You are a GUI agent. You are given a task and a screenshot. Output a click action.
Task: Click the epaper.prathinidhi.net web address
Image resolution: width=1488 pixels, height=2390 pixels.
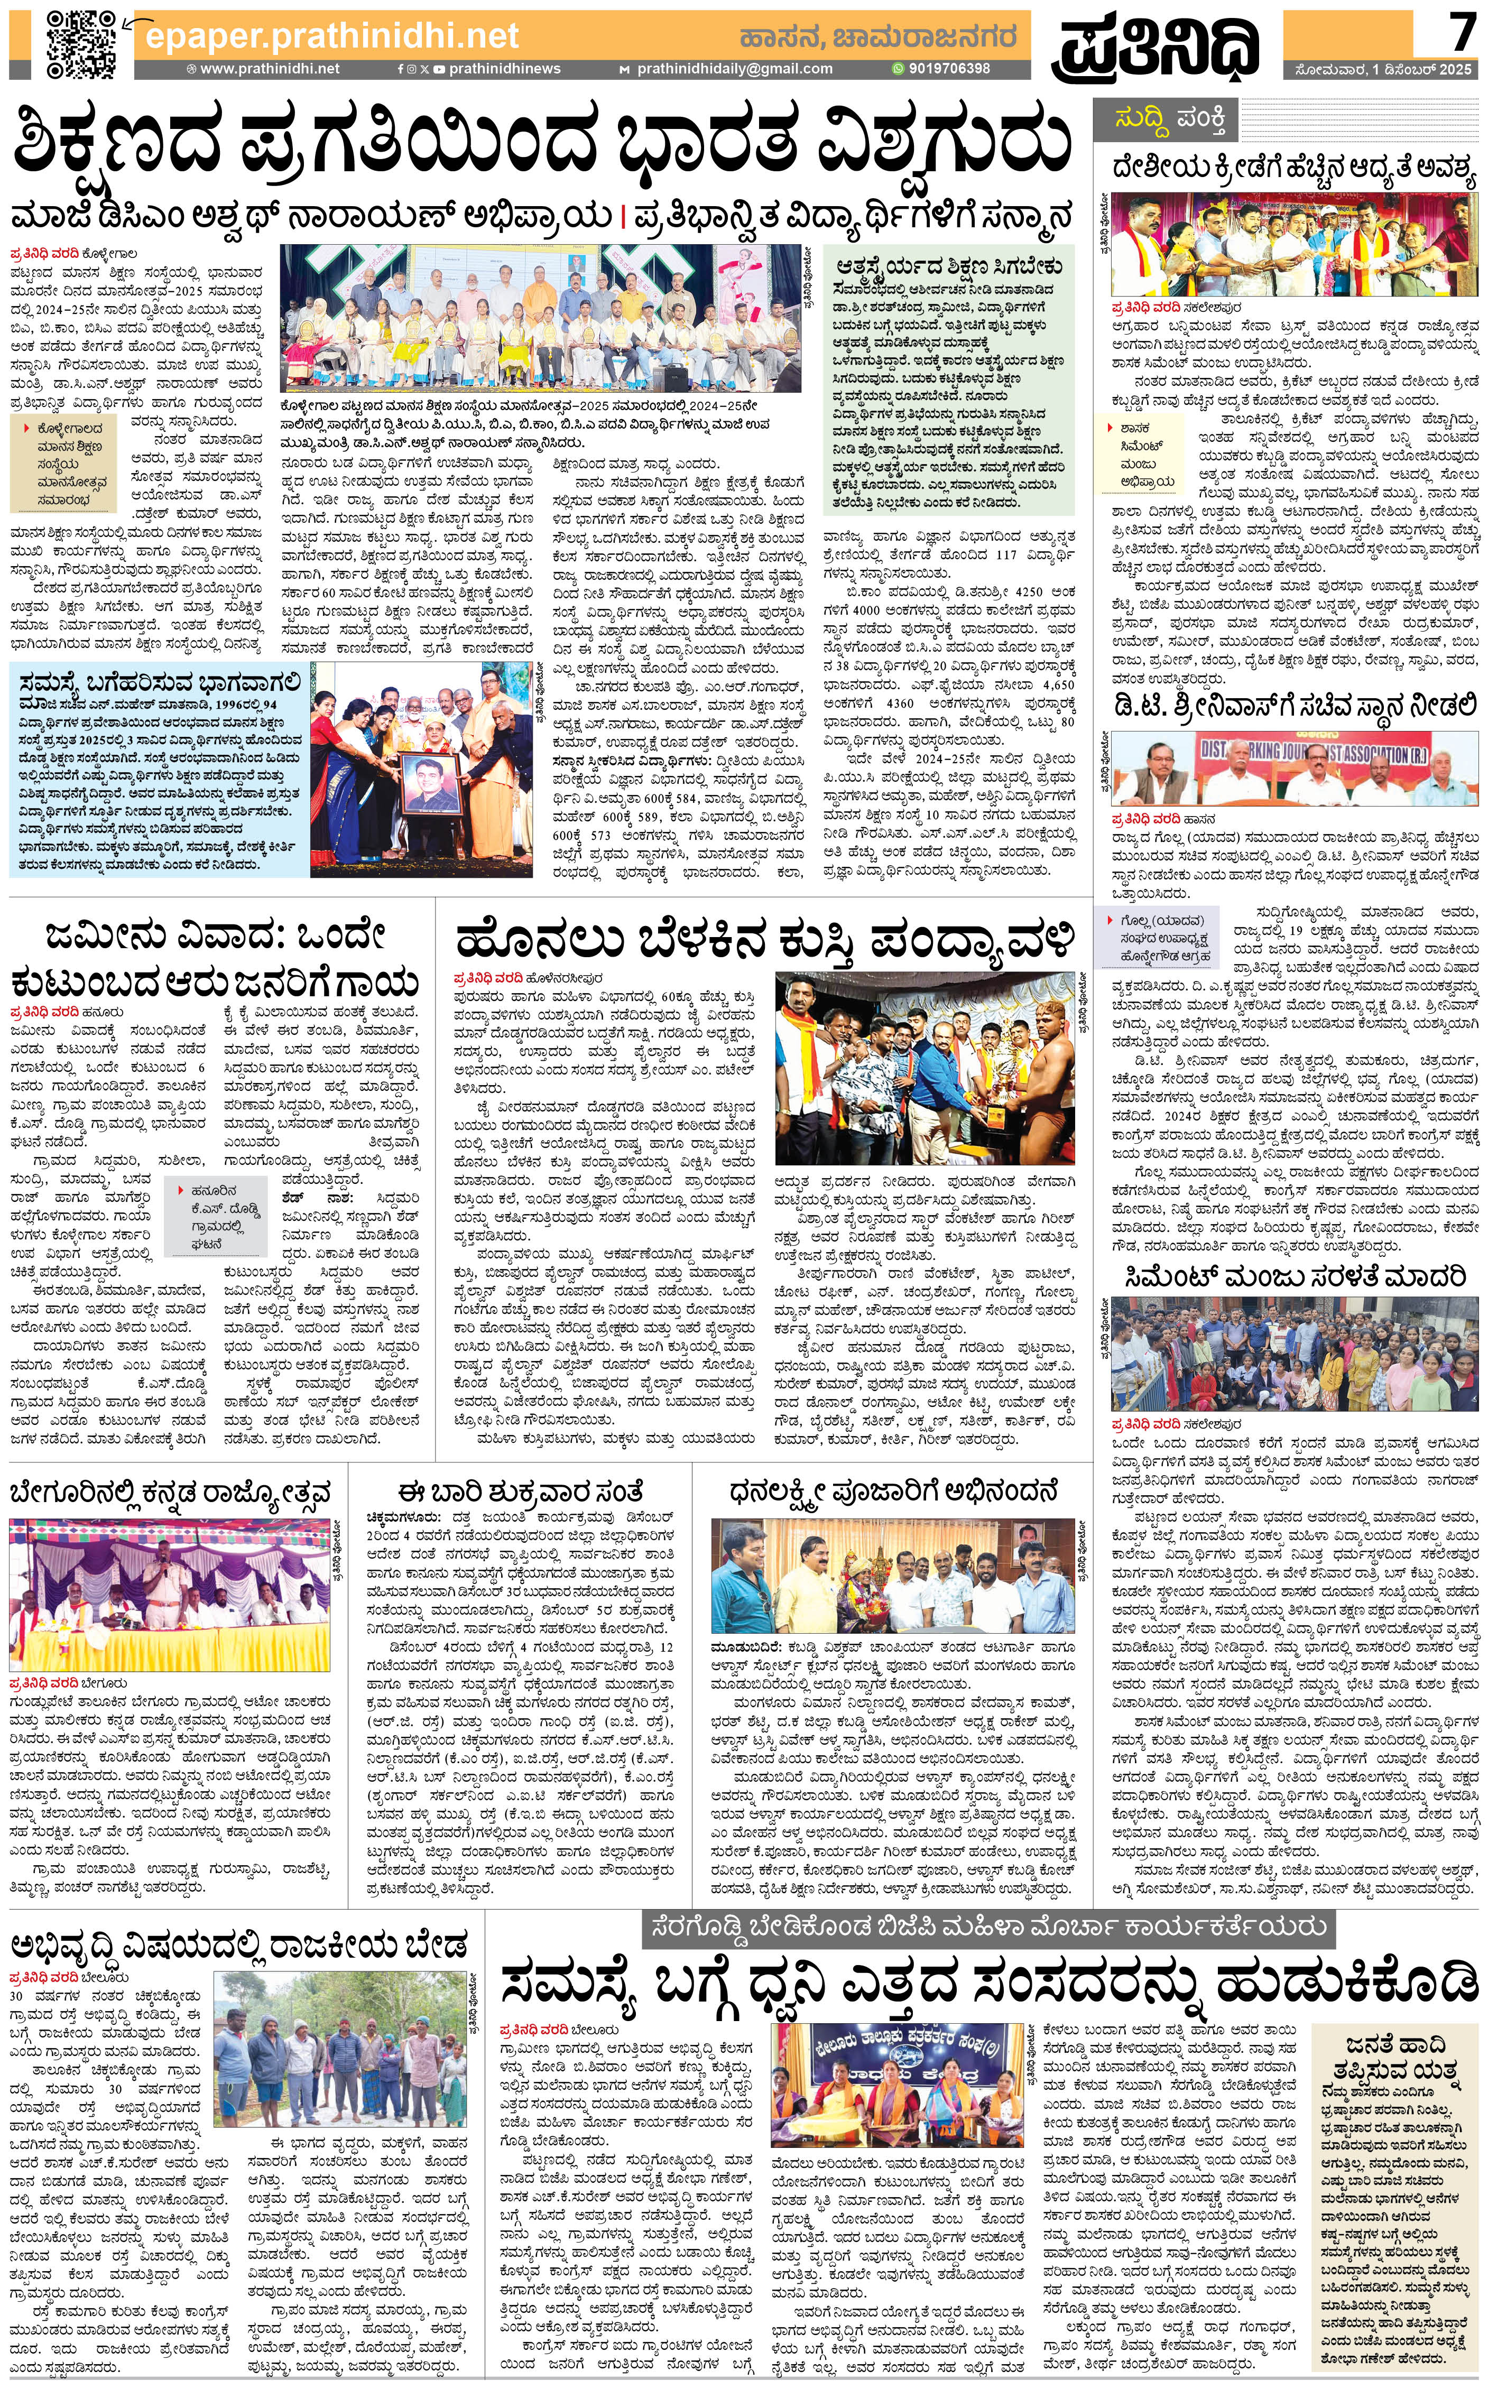click(331, 36)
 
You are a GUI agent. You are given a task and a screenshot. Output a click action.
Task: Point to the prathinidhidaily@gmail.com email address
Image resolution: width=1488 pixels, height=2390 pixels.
click(733, 69)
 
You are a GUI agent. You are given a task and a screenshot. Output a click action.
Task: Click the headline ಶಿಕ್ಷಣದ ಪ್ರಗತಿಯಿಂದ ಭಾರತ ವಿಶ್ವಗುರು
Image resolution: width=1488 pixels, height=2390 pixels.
click(541, 143)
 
